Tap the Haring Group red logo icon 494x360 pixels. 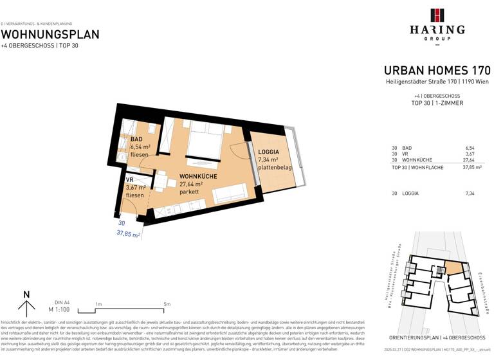click(437, 16)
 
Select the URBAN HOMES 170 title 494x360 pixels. click(437, 71)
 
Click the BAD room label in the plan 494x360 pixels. click(136, 139)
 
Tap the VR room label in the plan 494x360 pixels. click(130, 180)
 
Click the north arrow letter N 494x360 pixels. click(26, 295)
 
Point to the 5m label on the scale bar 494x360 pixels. click(167, 304)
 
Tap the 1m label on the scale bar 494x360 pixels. click(98, 304)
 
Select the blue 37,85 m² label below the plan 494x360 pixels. click(128, 235)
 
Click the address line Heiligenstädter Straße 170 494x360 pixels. click(437, 82)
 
